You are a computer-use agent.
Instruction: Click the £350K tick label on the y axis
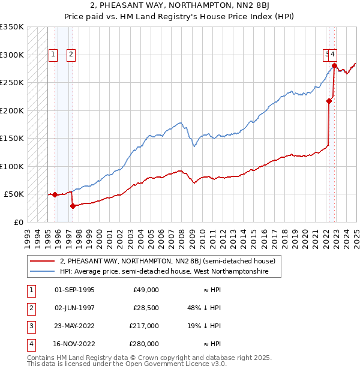pos(12,27)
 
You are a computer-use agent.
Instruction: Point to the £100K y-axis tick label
pos(12,166)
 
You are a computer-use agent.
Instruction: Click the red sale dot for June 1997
pos(73,206)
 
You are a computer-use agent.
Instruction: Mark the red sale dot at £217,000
pos(329,101)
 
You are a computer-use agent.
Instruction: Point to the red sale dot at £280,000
pos(334,66)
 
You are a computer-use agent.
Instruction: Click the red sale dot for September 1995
pos(55,194)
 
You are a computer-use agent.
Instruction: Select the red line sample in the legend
pos(43,261)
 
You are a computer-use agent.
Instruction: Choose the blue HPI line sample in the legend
pos(43,272)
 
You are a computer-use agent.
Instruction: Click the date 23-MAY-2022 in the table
pos(74,326)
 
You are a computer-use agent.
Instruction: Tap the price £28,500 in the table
pos(146,308)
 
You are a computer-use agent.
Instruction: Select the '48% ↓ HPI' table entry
pos(204,308)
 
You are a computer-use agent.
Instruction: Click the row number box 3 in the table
pos(30,326)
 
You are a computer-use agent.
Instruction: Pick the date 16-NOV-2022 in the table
pos(74,344)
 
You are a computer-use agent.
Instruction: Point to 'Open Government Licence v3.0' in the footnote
pos(179,364)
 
